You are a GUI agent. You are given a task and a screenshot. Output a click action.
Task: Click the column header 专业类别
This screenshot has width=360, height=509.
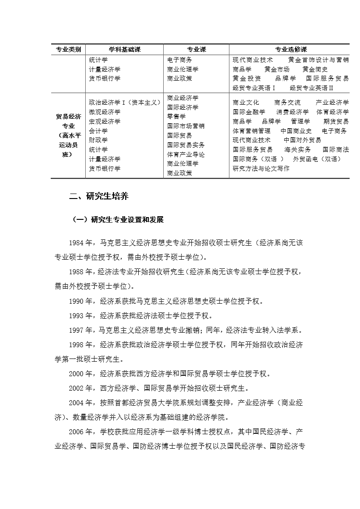point(68,49)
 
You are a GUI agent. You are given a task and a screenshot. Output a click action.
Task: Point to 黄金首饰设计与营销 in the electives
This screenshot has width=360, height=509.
point(318,59)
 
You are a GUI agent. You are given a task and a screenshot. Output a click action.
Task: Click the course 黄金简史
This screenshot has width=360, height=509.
point(315,69)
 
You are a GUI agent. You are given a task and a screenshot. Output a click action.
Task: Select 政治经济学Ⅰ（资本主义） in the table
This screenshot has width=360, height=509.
point(125,102)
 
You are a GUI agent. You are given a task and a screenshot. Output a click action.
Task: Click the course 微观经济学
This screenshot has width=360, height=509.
point(105,112)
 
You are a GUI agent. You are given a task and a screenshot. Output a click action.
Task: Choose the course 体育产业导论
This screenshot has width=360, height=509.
point(186,154)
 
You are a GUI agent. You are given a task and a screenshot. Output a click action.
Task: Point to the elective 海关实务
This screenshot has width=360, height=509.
point(297,150)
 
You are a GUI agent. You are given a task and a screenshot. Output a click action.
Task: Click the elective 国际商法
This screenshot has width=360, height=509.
point(336,150)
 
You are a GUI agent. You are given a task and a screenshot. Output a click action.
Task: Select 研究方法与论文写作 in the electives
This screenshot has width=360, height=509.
point(261,169)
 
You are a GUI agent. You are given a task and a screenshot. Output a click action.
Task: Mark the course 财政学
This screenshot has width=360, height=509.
point(98,140)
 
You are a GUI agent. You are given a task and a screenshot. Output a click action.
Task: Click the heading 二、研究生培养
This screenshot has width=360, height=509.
point(98,197)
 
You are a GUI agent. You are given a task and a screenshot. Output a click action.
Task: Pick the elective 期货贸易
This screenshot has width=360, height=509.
point(336,121)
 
